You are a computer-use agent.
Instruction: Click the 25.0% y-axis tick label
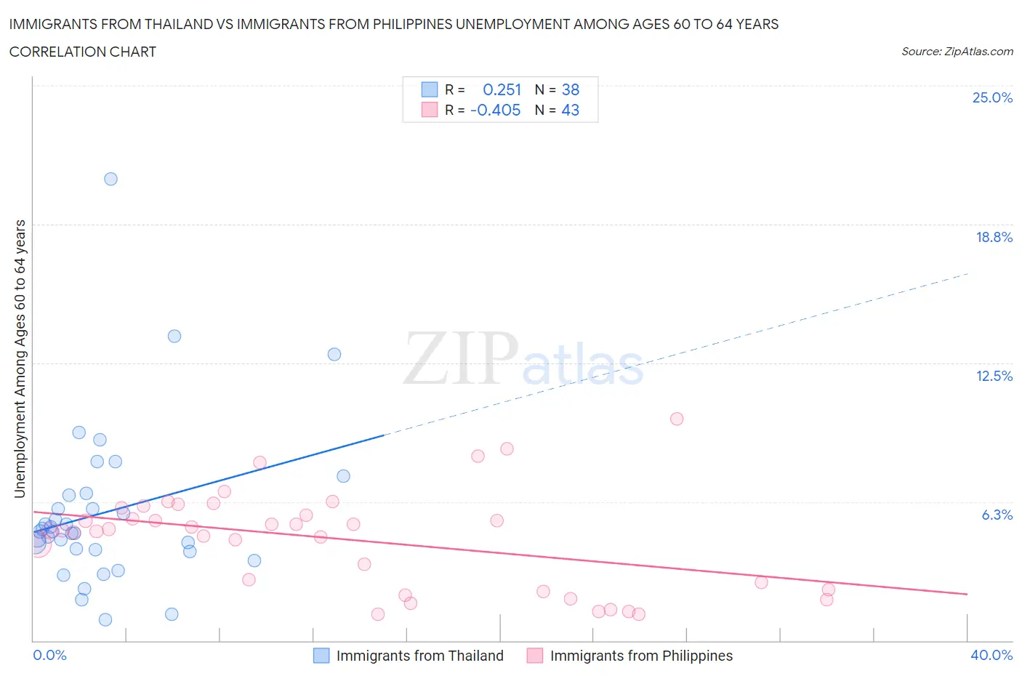pos(992,97)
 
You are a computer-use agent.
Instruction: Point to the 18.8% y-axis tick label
pos(994,237)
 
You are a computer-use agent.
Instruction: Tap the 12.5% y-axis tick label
pos(994,376)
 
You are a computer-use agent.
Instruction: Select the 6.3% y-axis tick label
pos(997,515)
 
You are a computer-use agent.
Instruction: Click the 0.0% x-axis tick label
pos(49,655)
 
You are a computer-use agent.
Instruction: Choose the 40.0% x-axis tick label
pos(991,655)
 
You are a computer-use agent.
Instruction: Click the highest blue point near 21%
pos(110,179)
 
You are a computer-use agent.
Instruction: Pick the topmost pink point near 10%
pos(677,419)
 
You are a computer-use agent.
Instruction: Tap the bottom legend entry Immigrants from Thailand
pos(419,656)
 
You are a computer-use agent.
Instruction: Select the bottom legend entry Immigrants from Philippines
pos(641,656)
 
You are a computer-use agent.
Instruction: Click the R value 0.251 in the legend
pos(502,89)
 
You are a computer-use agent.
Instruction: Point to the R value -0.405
pos(496,110)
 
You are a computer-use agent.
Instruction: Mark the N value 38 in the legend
pos(571,89)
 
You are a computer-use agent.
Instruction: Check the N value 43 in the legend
pos(571,110)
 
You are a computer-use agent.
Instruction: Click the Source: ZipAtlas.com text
pos(957,52)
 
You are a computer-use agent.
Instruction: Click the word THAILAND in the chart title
pos(177,24)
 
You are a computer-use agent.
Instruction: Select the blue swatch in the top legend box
pos(430,89)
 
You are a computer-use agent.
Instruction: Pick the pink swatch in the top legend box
pos(430,110)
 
